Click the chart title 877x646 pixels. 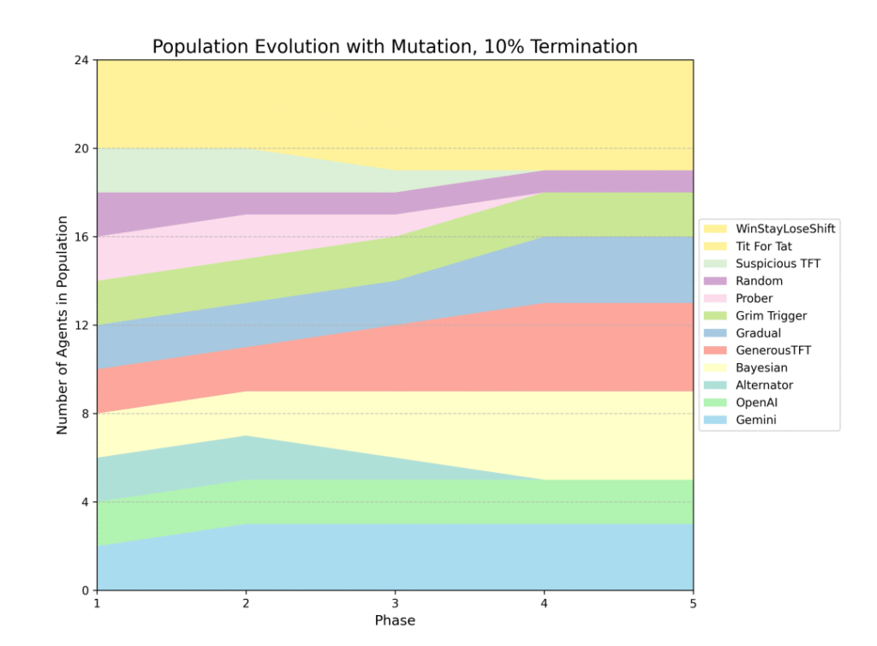[395, 46]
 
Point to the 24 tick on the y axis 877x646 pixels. [82, 60]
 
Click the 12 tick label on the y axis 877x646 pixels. [82, 326]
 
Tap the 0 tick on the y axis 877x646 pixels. [86, 590]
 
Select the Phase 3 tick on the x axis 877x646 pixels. [395, 603]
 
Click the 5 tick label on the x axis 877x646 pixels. [693, 603]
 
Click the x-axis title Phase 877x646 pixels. [395, 620]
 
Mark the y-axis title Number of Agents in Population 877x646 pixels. [63, 325]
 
